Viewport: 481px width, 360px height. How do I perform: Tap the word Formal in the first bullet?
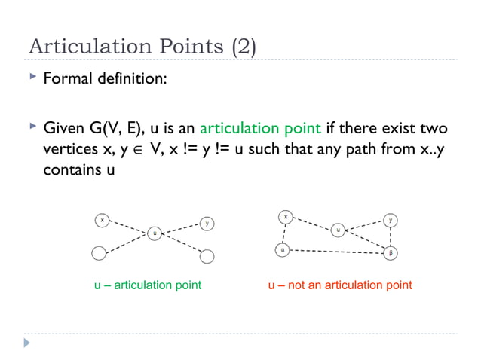click(x=66, y=78)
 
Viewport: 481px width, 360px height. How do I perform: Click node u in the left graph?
click(x=155, y=233)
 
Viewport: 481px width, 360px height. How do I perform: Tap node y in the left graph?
click(x=207, y=223)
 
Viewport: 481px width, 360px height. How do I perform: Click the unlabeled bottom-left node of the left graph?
click(x=98, y=253)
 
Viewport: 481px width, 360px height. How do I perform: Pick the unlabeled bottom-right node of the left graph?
click(x=207, y=258)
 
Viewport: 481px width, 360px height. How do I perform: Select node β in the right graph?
click(x=391, y=253)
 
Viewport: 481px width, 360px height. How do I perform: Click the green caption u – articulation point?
click(x=147, y=285)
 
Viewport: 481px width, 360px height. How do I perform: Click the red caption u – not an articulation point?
click(x=340, y=285)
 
